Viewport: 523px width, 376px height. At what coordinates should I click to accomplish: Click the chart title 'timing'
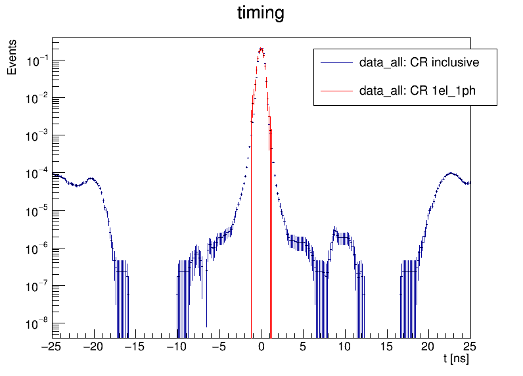261,14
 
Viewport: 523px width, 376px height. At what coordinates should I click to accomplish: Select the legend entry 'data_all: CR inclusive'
419,63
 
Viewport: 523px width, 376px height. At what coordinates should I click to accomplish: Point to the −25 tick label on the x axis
51,346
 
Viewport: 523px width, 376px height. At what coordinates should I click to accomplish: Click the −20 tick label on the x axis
93,346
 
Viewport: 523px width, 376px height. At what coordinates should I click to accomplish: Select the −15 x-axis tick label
135,346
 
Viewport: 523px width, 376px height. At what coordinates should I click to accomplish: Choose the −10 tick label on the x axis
177,346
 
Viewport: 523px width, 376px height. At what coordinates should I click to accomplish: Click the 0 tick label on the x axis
261,346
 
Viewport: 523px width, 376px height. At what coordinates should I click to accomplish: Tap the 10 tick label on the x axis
345,346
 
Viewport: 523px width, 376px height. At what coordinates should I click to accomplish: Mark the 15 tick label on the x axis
387,346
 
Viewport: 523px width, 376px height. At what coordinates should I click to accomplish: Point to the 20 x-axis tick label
429,346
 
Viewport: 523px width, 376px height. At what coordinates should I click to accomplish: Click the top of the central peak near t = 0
261,48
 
